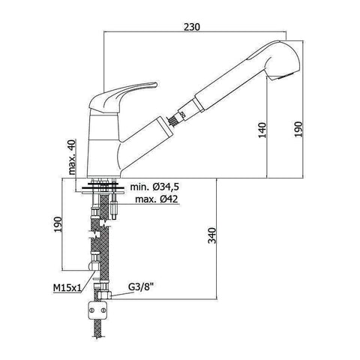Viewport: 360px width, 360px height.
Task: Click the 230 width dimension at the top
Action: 192,27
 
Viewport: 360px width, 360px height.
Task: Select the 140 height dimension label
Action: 262,130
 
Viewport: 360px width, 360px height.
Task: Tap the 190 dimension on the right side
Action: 298,129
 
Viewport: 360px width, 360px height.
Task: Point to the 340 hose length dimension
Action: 212,235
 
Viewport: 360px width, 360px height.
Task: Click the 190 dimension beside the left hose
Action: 58,224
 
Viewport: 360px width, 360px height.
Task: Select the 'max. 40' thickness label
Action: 72,157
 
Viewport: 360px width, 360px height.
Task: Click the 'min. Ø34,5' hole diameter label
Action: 154,187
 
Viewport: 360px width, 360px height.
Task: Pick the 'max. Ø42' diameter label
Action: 157,199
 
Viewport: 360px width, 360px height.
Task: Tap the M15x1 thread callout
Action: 67,288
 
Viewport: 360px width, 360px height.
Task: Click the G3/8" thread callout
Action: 140,287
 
